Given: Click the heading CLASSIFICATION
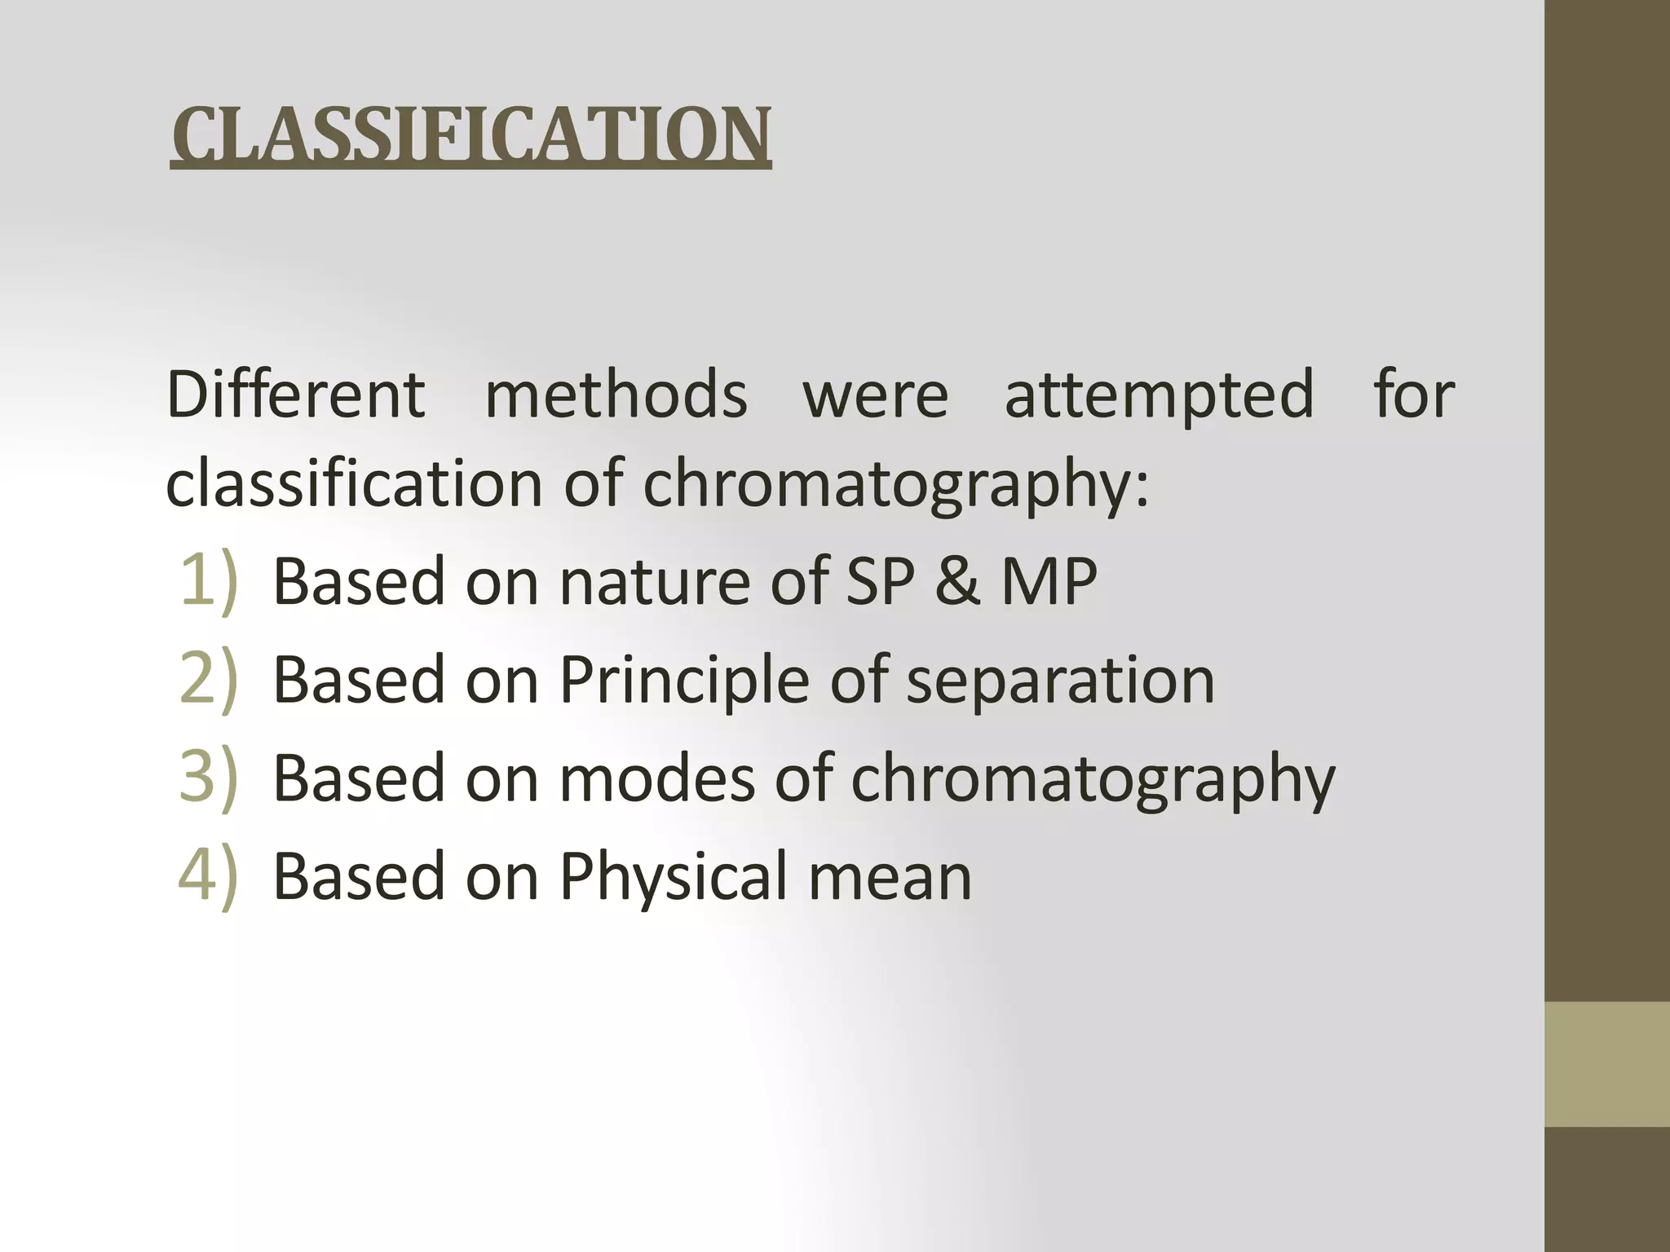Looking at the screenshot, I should (471, 134).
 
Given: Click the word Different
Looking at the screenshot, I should (295, 395).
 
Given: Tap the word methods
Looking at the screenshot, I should (616, 395).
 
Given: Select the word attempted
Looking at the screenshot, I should (1159, 395).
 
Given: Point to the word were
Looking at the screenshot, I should (876, 395).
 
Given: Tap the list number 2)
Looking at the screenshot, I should (209, 680).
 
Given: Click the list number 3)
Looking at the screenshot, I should (209, 778).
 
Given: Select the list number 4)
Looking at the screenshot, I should (209, 876).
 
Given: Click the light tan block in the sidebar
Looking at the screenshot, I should (1607, 1065).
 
